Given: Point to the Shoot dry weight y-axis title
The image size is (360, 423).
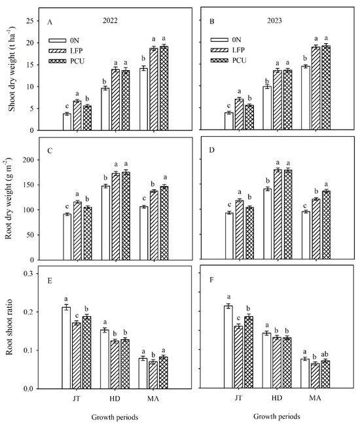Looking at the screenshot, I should point(12,75).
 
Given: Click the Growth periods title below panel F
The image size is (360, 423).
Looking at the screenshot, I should point(268,417).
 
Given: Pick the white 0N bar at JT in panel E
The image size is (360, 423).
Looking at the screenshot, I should point(67,348).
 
